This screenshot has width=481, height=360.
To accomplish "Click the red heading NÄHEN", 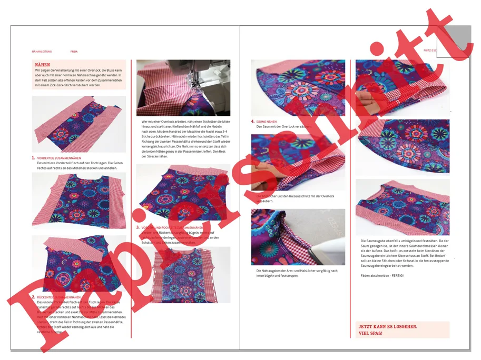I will pyautogui.click(x=43, y=65).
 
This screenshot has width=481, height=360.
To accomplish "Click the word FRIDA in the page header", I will pyautogui.click(x=74, y=52).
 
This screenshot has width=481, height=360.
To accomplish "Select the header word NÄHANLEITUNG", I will pyautogui.click(x=42, y=52).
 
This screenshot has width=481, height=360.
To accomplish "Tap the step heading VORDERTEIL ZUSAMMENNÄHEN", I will pyautogui.click(x=59, y=158).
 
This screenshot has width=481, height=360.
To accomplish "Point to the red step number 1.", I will pyautogui.click(x=33, y=158).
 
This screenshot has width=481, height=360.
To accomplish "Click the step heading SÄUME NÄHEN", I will pyautogui.click(x=267, y=122).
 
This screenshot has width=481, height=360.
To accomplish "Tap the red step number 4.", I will pyautogui.click(x=252, y=122).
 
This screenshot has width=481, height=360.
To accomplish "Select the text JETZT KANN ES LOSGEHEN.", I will pyautogui.click(x=387, y=326).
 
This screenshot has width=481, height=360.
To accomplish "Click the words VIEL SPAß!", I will pyautogui.click(x=370, y=333).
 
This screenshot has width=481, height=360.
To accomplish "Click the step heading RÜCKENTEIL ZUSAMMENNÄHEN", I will pyautogui.click(x=58, y=297).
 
